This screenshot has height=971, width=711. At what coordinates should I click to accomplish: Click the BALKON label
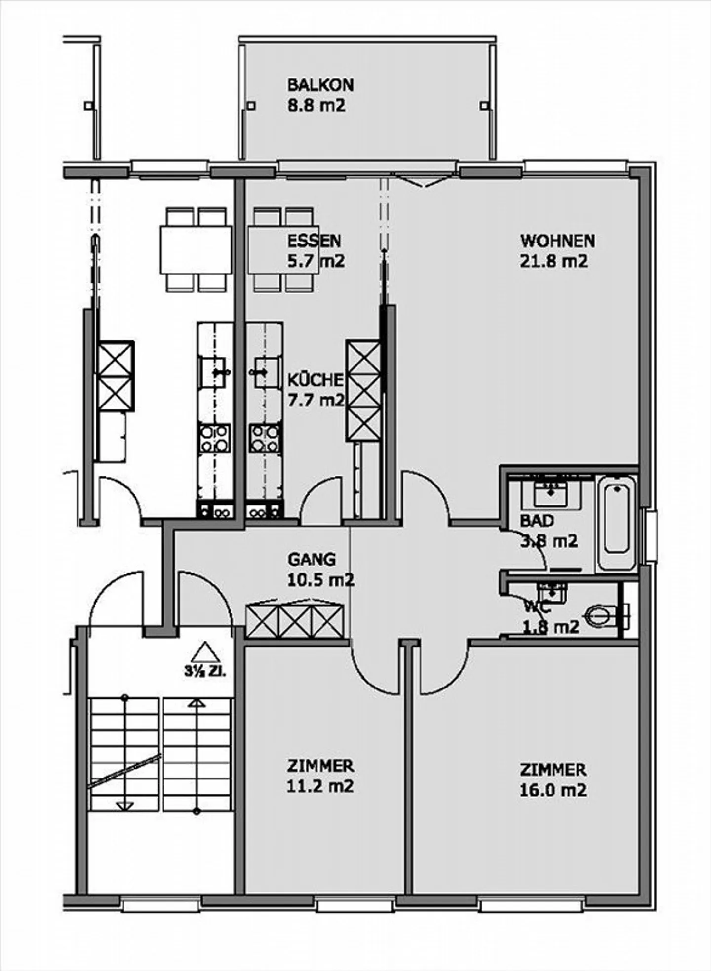[320, 85]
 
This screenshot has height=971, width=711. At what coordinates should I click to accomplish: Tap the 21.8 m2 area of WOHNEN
[554, 261]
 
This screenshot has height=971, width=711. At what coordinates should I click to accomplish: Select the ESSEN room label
[314, 241]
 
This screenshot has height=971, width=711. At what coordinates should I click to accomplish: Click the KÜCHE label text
[315, 380]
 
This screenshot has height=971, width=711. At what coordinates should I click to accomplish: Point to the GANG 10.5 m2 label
[320, 569]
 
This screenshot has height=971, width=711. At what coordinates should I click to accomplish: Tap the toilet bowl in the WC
[600, 616]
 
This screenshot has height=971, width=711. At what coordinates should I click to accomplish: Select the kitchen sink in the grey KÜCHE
[262, 372]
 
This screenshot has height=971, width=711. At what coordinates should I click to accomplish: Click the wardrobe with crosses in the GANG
[295, 620]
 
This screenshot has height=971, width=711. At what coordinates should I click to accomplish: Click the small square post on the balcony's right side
[484, 105]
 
